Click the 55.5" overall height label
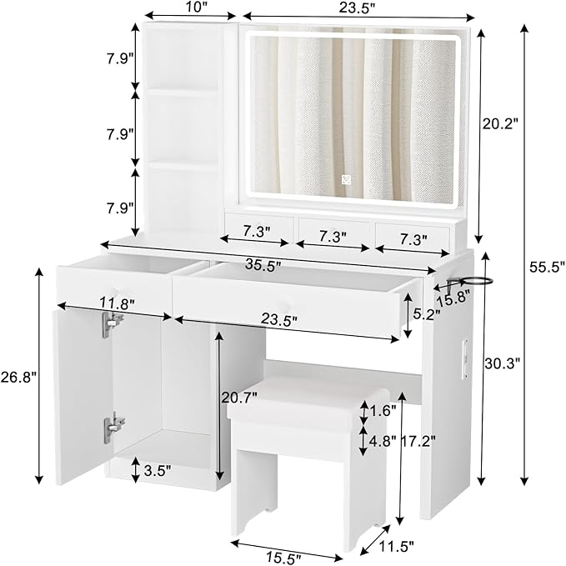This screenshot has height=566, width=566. pos(547,267)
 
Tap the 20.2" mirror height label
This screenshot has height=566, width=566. pos(500,123)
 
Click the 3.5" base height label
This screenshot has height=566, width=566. pos(157,470)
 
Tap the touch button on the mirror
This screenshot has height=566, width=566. pos(351,179)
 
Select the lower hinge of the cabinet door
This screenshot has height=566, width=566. pos(111,428)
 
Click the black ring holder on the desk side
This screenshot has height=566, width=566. pos(477,279)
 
